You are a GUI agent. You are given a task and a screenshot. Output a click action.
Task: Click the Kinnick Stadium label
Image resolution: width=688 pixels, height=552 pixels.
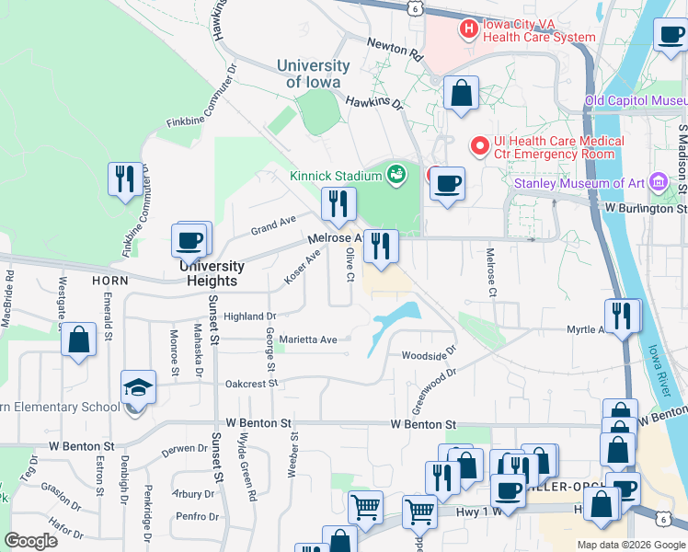[x=335, y=176]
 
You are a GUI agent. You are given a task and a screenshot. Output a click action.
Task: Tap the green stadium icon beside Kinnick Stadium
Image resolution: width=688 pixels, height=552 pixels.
[x=396, y=173]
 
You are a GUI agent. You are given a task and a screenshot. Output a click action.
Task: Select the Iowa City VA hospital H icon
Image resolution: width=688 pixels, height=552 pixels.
[x=468, y=29]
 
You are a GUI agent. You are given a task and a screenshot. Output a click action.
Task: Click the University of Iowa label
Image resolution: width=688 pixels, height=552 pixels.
[x=314, y=74]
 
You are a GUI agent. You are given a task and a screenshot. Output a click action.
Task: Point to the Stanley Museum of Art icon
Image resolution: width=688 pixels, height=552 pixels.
[x=659, y=182]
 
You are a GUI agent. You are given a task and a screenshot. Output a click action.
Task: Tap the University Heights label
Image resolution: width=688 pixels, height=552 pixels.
[x=212, y=273]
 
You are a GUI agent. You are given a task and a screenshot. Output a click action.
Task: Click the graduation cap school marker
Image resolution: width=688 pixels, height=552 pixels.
[x=138, y=386]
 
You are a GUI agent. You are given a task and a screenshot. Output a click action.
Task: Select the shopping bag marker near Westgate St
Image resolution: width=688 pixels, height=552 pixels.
[x=79, y=339]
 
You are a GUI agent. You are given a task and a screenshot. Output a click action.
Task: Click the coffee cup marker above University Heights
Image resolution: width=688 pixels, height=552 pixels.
[x=189, y=240]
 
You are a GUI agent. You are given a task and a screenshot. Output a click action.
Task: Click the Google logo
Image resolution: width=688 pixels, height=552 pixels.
[x=30, y=542]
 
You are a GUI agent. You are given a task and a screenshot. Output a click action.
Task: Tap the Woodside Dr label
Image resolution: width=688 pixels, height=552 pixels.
[x=428, y=355]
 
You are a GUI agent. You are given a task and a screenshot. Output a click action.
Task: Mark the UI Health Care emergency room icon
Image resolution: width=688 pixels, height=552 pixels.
[x=479, y=146]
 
